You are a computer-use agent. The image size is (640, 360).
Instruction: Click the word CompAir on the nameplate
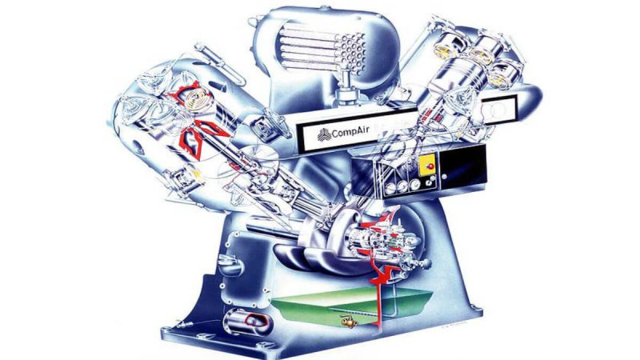(x=350, y=132)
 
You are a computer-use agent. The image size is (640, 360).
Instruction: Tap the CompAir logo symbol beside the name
(x=324, y=134)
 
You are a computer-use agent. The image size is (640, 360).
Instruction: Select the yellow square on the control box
(x=428, y=166)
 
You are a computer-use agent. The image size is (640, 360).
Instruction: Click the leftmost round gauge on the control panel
(x=391, y=187)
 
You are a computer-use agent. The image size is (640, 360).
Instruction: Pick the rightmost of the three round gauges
(x=415, y=185)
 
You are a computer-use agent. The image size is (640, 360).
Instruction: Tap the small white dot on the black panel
(x=445, y=176)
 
